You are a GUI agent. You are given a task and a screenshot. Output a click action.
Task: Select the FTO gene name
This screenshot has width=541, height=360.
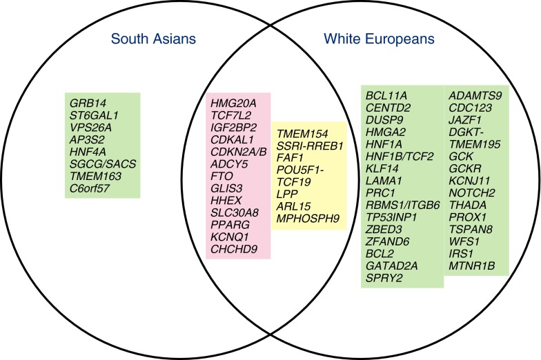click(x=222, y=186)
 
